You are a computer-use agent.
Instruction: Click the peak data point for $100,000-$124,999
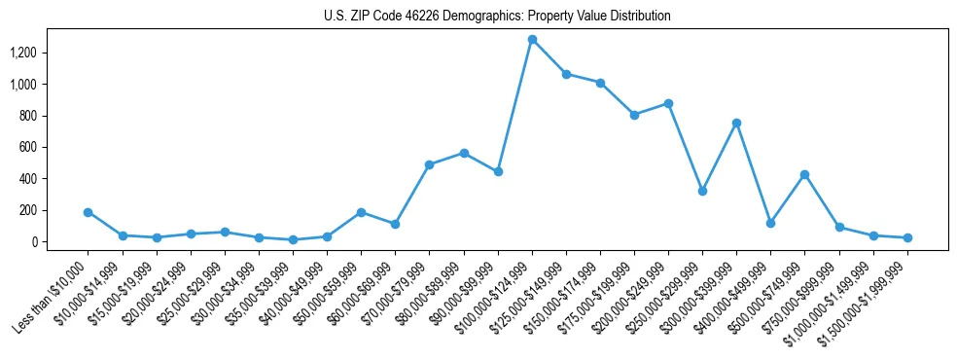(x=532, y=40)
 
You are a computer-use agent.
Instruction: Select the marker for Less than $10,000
(x=89, y=212)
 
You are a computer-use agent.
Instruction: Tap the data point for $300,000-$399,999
(x=736, y=123)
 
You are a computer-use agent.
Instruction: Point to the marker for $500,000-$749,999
(x=804, y=175)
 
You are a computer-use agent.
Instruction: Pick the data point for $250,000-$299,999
(x=702, y=191)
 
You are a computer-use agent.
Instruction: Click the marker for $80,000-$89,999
(x=464, y=153)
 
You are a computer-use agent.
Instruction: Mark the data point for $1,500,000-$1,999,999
(x=907, y=237)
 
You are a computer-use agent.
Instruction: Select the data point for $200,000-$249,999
(x=668, y=103)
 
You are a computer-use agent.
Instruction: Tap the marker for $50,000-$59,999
(x=361, y=212)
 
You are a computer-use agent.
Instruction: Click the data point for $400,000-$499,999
(x=770, y=223)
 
